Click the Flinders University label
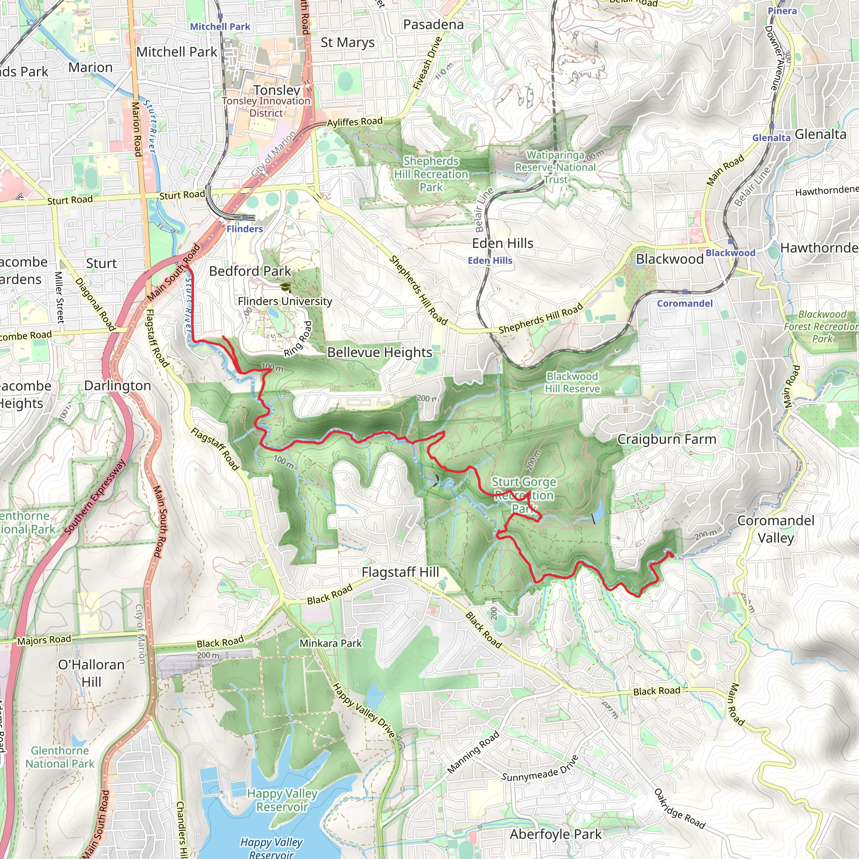point(284,302)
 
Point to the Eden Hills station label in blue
point(490,260)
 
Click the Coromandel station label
point(685,303)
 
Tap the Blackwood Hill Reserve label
point(572,383)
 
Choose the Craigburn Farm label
point(666,439)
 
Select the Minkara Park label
point(331,643)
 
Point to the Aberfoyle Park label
point(555,835)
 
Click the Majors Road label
point(44,639)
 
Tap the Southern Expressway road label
point(95,497)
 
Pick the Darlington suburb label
point(117,385)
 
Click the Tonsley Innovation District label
point(266,107)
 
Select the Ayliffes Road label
point(355,121)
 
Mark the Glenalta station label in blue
point(771,138)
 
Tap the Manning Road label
point(473,752)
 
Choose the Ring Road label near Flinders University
point(298,339)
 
